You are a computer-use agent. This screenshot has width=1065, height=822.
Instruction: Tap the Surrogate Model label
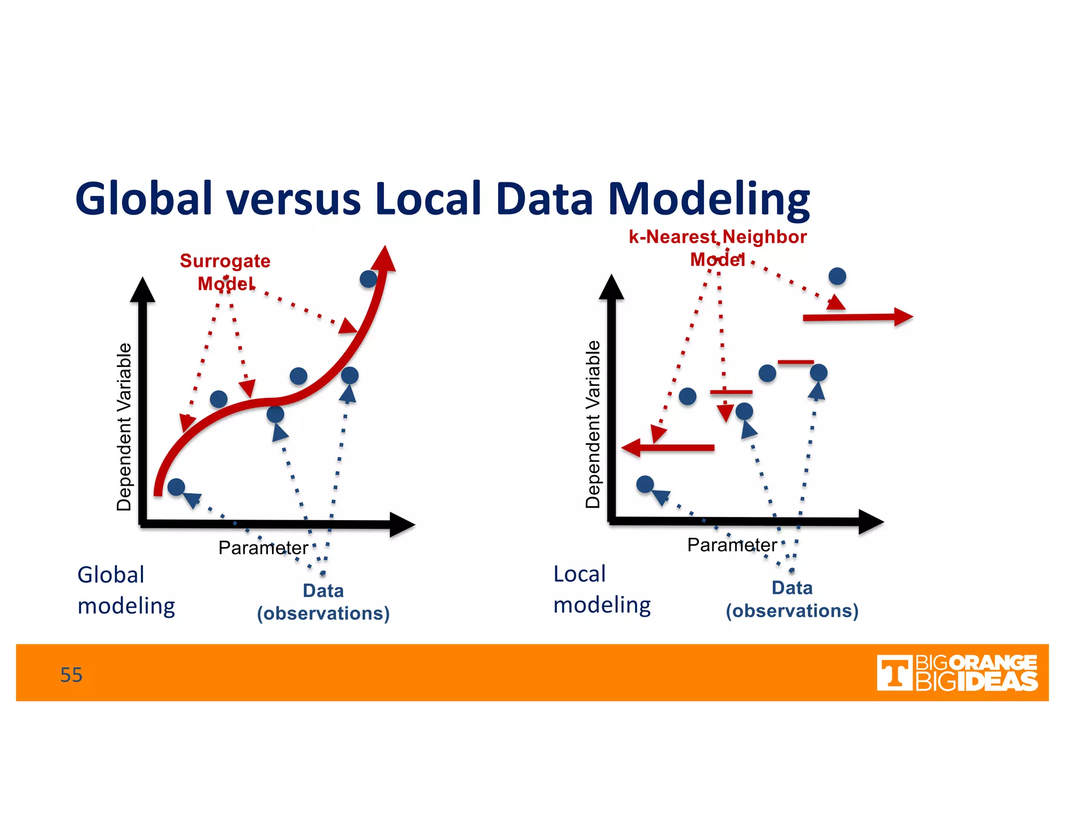click(225, 272)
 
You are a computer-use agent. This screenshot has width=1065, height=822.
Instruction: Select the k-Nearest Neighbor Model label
click(718, 247)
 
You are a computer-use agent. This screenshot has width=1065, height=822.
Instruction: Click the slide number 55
click(71, 675)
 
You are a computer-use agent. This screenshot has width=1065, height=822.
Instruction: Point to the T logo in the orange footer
click(894, 673)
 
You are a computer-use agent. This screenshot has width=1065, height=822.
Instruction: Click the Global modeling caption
click(126, 590)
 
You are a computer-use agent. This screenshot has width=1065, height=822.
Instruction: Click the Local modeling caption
click(602, 589)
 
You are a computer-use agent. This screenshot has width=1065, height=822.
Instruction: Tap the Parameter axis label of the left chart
click(263, 548)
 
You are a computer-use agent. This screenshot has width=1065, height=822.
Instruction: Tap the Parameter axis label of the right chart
click(732, 545)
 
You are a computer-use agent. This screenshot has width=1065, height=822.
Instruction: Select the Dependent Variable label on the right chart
click(593, 424)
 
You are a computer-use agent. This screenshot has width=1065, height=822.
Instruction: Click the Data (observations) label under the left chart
click(323, 602)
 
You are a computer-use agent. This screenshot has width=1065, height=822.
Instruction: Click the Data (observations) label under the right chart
click(792, 599)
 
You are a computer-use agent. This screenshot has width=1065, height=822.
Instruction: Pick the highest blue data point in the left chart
click(368, 279)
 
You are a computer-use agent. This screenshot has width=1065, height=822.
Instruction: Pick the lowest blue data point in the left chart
click(176, 487)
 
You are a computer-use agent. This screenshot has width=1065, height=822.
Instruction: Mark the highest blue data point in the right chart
click(837, 276)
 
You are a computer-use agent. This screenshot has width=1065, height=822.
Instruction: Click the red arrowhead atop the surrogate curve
click(385, 259)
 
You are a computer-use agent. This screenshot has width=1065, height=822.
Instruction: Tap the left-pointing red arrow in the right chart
click(668, 447)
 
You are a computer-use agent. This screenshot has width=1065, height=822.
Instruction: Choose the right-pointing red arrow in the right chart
click(858, 317)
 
